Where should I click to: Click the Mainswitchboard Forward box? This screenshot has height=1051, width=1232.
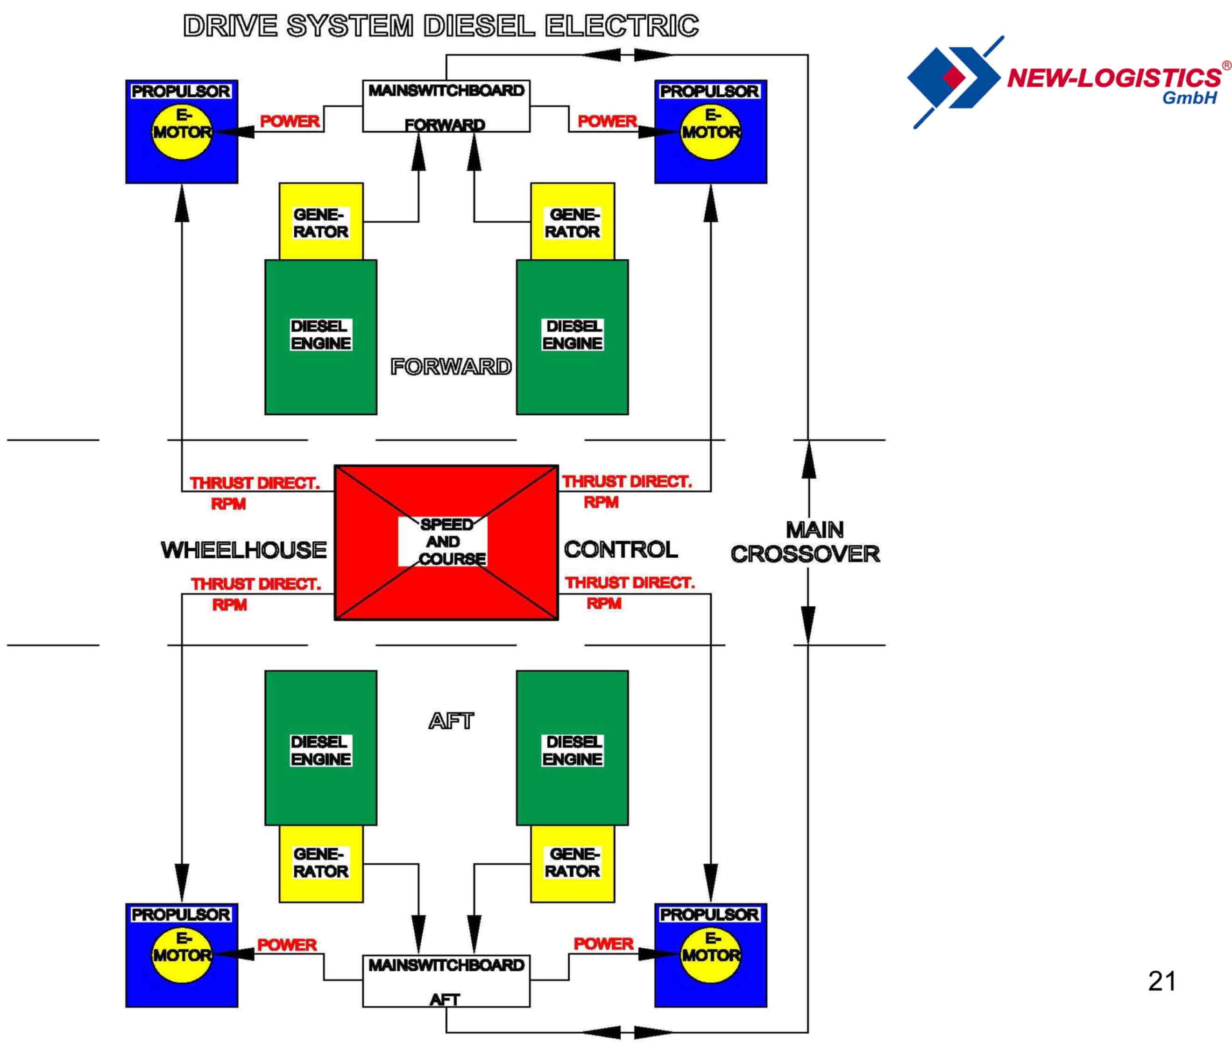446,106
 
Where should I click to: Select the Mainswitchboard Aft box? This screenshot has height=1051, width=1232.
446,981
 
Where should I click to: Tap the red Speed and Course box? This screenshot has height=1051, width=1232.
446,542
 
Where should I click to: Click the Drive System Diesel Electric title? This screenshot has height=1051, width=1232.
440,26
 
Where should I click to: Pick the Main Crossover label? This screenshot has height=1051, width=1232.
806,542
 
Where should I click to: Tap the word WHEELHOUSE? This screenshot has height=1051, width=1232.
244,550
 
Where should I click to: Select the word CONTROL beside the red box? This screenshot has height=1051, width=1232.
621,549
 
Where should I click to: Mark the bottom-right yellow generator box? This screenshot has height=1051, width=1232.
573,864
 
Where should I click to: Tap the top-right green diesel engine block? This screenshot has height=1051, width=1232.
573,337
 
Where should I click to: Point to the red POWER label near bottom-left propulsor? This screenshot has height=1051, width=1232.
287,944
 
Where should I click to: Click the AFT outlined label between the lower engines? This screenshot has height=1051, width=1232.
451,721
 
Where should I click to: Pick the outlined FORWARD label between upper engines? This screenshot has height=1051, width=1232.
451,366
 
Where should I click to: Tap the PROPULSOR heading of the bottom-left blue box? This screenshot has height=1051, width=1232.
181,914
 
